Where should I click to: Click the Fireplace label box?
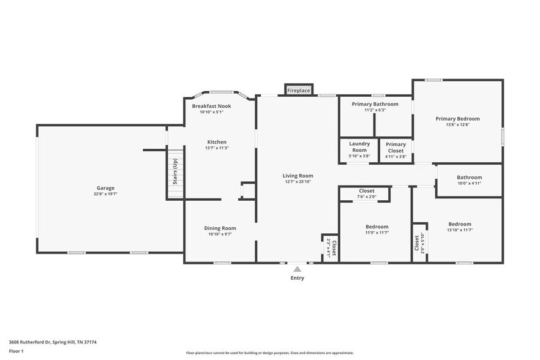click(299, 90)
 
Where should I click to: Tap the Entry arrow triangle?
click(298, 268)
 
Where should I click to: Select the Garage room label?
click(105, 188)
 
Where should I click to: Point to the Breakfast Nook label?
click(211, 106)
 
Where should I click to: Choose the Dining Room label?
click(220, 228)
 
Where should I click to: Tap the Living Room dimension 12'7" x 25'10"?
click(298, 182)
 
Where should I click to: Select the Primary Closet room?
click(396, 150)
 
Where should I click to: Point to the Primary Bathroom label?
click(375, 104)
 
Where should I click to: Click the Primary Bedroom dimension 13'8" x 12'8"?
click(457, 125)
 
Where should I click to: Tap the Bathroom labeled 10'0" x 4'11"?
click(469, 181)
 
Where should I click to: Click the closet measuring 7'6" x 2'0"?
click(367, 194)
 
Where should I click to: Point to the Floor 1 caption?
click(16, 351)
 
